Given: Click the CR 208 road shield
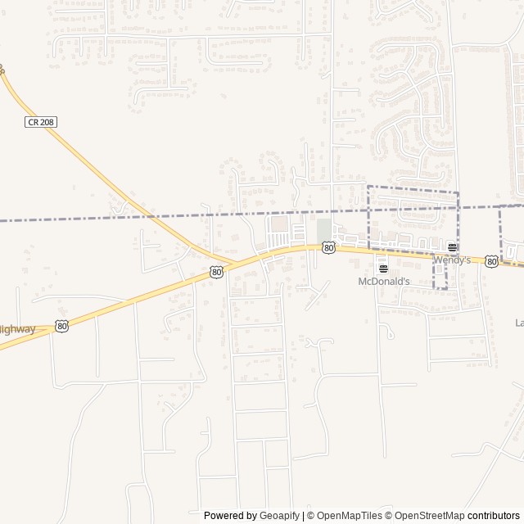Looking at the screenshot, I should click(x=40, y=122).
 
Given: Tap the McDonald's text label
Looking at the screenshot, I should click(x=382, y=282).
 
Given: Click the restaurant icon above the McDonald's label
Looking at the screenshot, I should click(x=382, y=268).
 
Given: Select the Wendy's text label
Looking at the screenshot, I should click(x=452, y=260).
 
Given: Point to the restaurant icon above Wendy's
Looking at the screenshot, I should click(x=452, y=247).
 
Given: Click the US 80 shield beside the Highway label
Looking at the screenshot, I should click(x=62, y=326).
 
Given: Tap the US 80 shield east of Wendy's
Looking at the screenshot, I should click(x=490, y=261).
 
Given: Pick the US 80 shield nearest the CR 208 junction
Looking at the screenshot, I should click(x=215, y=272).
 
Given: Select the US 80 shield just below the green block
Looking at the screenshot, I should click(x=328, y=247).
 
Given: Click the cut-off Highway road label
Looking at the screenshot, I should click(x=17, y=329).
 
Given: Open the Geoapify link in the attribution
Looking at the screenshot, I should click(x=279, y=516).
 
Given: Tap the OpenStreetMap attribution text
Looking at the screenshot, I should click(x=426, y=516).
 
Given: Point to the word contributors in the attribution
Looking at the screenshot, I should click(x=494, y=516).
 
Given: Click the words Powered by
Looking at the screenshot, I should click(x=230, y=516).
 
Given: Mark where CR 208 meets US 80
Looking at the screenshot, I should click(x=237, y=264).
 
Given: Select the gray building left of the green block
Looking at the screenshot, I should click(x=280, y=224).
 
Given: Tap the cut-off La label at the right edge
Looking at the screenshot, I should click(x=518, y=323).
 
